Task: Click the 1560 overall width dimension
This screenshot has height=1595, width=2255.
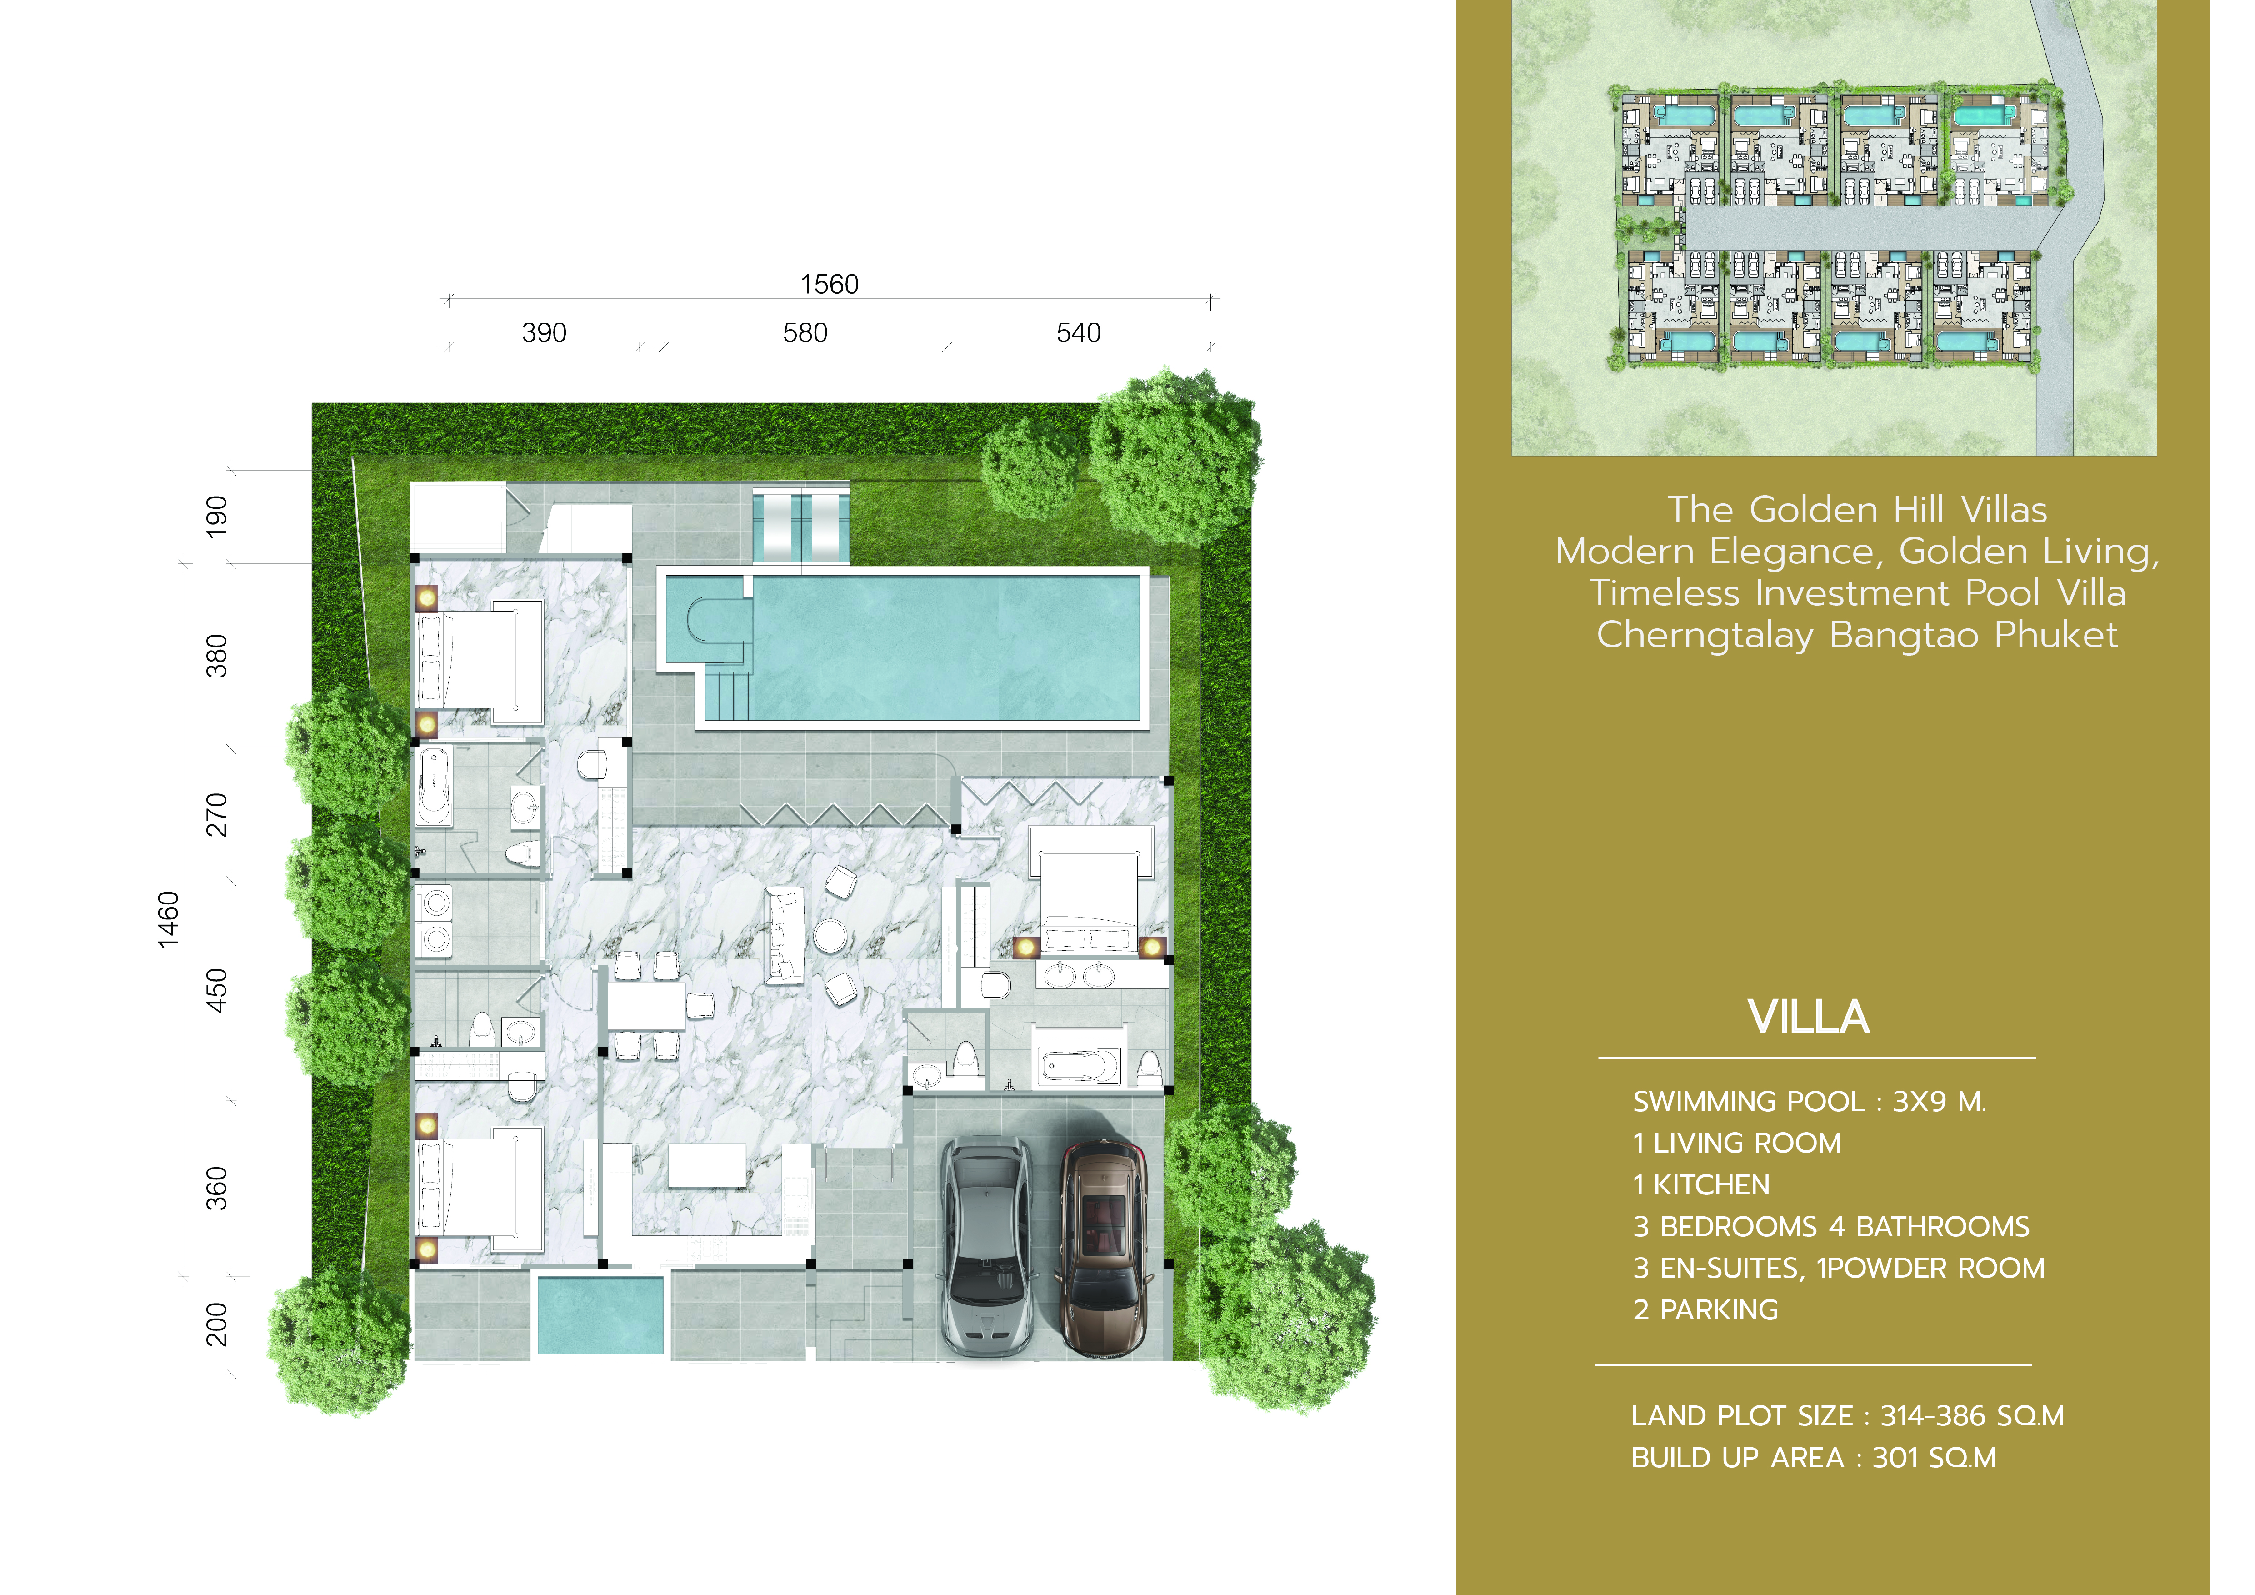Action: coord(829,285)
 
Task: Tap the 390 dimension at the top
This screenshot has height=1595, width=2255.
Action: coord(544,333)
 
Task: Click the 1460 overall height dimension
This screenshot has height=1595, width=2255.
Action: coord(169,919)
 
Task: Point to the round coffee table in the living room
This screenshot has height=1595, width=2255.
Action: coord(830,936)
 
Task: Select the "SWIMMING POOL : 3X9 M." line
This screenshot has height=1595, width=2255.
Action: coord(1809,1102)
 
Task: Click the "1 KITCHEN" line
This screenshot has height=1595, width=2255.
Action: coord(1701,1185)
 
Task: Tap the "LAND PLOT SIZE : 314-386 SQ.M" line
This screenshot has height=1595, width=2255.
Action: coord(1847,1416)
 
